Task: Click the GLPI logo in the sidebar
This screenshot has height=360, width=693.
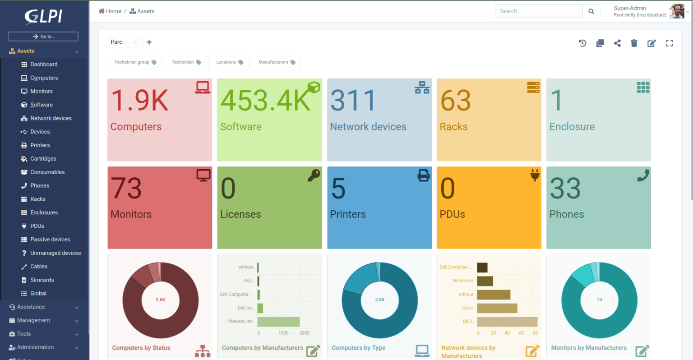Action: [x=43, y=16]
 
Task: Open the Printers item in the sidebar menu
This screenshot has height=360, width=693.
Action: [x=40, y=145]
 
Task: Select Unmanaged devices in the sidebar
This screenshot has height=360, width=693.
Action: [x=55, y=253]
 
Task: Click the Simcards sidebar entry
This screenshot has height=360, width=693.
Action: [x=42, y=280]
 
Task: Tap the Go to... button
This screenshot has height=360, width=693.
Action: [x=43, y=37]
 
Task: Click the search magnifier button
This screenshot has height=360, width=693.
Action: [x=591, y=11]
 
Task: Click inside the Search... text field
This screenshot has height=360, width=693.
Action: [x=538, y=11]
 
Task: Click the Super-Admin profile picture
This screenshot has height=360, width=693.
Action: [x=676, y=11]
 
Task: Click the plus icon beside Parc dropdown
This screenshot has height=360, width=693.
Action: [x=149, y=42]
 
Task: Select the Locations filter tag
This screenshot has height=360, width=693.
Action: [x=229, y=62]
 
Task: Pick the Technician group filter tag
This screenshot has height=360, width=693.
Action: [x=135, y=62]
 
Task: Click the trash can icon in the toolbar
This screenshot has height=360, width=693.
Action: [x=634, y=43]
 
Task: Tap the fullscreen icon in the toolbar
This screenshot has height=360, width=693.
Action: [x=669, y=43]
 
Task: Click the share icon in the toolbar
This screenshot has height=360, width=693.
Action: [x=617, y=43]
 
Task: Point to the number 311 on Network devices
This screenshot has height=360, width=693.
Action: [x=353, y=100]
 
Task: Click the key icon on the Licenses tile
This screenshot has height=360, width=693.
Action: [x=314, y=175]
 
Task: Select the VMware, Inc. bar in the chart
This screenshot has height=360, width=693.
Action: [x=278, y=322]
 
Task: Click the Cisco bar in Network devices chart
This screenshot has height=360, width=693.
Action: [x=497, y=308]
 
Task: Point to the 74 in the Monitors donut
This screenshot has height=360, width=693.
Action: [x=599, y=300]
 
